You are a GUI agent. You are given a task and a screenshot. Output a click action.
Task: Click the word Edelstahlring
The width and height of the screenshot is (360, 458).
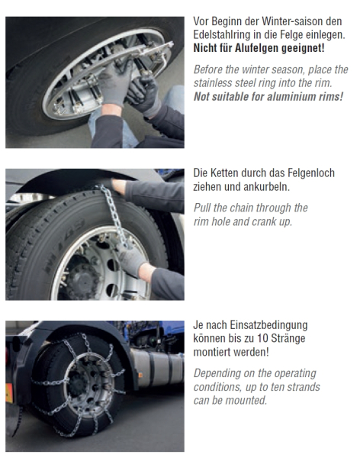pyautogui.click(x=222, y=35)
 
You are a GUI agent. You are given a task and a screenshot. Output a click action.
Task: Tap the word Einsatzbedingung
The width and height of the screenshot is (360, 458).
pyautogui.click(x=268, y=325)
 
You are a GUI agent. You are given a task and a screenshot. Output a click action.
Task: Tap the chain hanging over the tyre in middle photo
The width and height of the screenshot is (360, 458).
pyautogui.click(x=114, y=215)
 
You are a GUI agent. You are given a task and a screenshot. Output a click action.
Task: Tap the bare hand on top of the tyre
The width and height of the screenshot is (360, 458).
pyautogui.click(x=117, y=186)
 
